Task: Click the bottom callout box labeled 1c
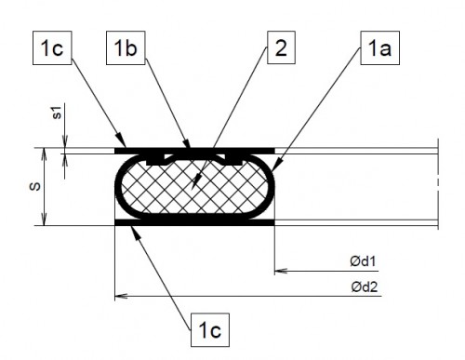[x=207, y=327]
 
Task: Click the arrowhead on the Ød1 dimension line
[x=277, y=273]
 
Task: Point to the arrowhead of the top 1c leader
[x=118, y=146]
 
